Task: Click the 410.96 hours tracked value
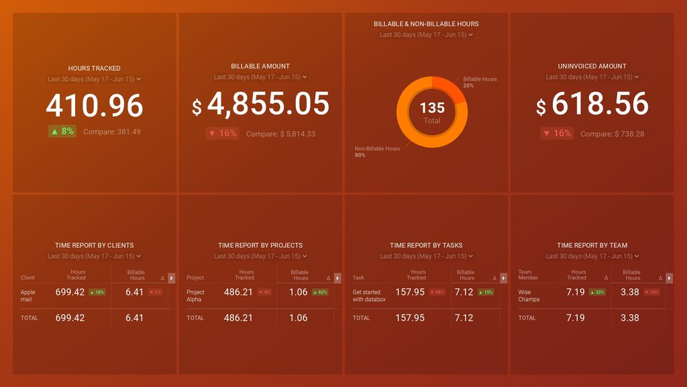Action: tap(95, 106)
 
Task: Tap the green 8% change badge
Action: tap(62, 132)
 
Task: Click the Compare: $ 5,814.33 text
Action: tap(280, 134)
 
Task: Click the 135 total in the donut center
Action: tap(432, 108)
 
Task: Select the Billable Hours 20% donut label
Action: tap(480, 82)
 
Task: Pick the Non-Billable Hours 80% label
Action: tap(377, 151)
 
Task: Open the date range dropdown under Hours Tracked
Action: tap(95, 79)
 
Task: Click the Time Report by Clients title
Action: tap(95, 245)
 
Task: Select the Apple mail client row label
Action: tap(28, 296)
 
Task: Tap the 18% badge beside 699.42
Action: tap(97, 292)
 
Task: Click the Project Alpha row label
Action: tap(196, 296)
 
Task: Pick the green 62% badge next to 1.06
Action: tap(320, 292)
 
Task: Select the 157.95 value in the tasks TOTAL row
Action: tap(411, 318)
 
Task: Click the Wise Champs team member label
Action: tap(529, 296)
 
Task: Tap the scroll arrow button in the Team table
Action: tap(669, 277)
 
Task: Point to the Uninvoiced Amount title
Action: tap(592, 67)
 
